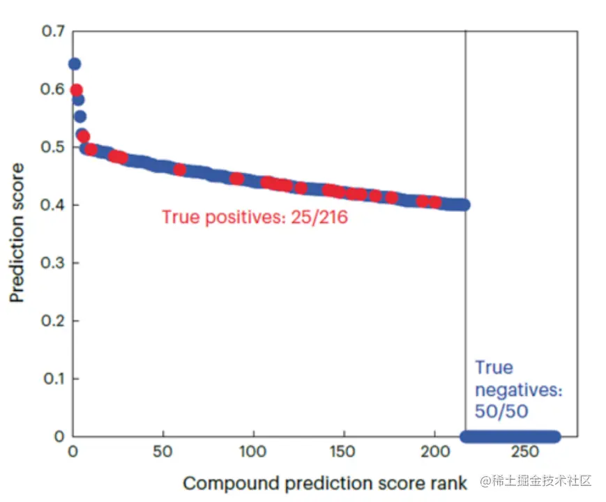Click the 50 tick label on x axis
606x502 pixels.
click(x=162, y=452)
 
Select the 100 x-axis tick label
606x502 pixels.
click(x=253, y=452)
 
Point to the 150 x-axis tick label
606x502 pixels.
click(x=344, y=452)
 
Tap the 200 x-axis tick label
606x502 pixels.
click(x=434, y=452)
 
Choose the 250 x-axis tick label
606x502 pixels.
click(x=525, y=452)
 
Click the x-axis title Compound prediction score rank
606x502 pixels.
click(x=325, y=483)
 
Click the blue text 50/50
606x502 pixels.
click(x=501, y=411)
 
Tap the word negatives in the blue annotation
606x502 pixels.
click(x=517, y=390)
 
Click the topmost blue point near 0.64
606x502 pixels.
click(x=75, y=64)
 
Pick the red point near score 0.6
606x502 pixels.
click(x=77, y=90)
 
